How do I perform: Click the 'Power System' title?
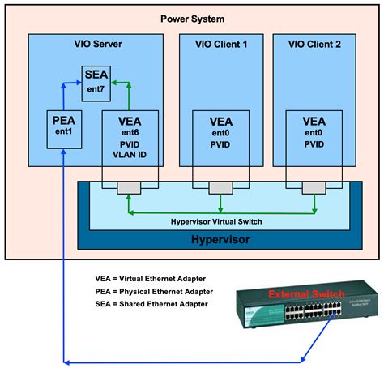click(192, 19)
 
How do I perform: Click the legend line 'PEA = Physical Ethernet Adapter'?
click(154, 290)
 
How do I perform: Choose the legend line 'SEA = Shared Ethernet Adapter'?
click(151, 303)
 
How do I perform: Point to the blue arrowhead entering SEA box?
click(80, 81)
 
